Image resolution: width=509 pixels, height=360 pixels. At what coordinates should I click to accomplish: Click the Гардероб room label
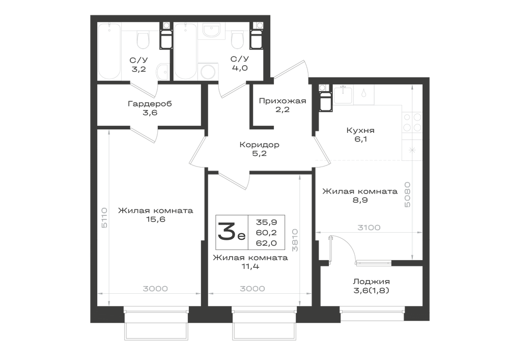click(150, 104)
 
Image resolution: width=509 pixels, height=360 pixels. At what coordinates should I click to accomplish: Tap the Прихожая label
click(282, 101)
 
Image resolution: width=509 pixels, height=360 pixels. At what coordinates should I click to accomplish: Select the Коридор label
click(260, 145)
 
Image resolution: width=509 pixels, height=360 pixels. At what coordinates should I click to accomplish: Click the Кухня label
click(361, 130)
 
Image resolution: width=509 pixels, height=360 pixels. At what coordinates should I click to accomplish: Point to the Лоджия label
click(372, 282)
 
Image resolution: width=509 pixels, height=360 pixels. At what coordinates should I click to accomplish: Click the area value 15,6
click(155, 219)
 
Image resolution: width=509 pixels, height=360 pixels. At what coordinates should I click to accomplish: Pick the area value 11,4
click(250, 266)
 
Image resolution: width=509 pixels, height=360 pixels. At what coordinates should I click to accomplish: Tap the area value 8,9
click(360, 200)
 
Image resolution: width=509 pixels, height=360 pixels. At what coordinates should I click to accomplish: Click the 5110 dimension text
click(104, 217)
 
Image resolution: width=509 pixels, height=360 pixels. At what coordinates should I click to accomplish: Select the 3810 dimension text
click(295, 240)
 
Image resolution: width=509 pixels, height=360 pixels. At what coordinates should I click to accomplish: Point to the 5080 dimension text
click(407, 195)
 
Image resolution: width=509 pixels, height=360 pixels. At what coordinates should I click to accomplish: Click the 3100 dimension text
click(369, 228)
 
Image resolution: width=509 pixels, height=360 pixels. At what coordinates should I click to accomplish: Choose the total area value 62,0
click(266, 243)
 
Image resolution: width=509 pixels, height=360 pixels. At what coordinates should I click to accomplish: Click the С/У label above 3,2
click(138, 60)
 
